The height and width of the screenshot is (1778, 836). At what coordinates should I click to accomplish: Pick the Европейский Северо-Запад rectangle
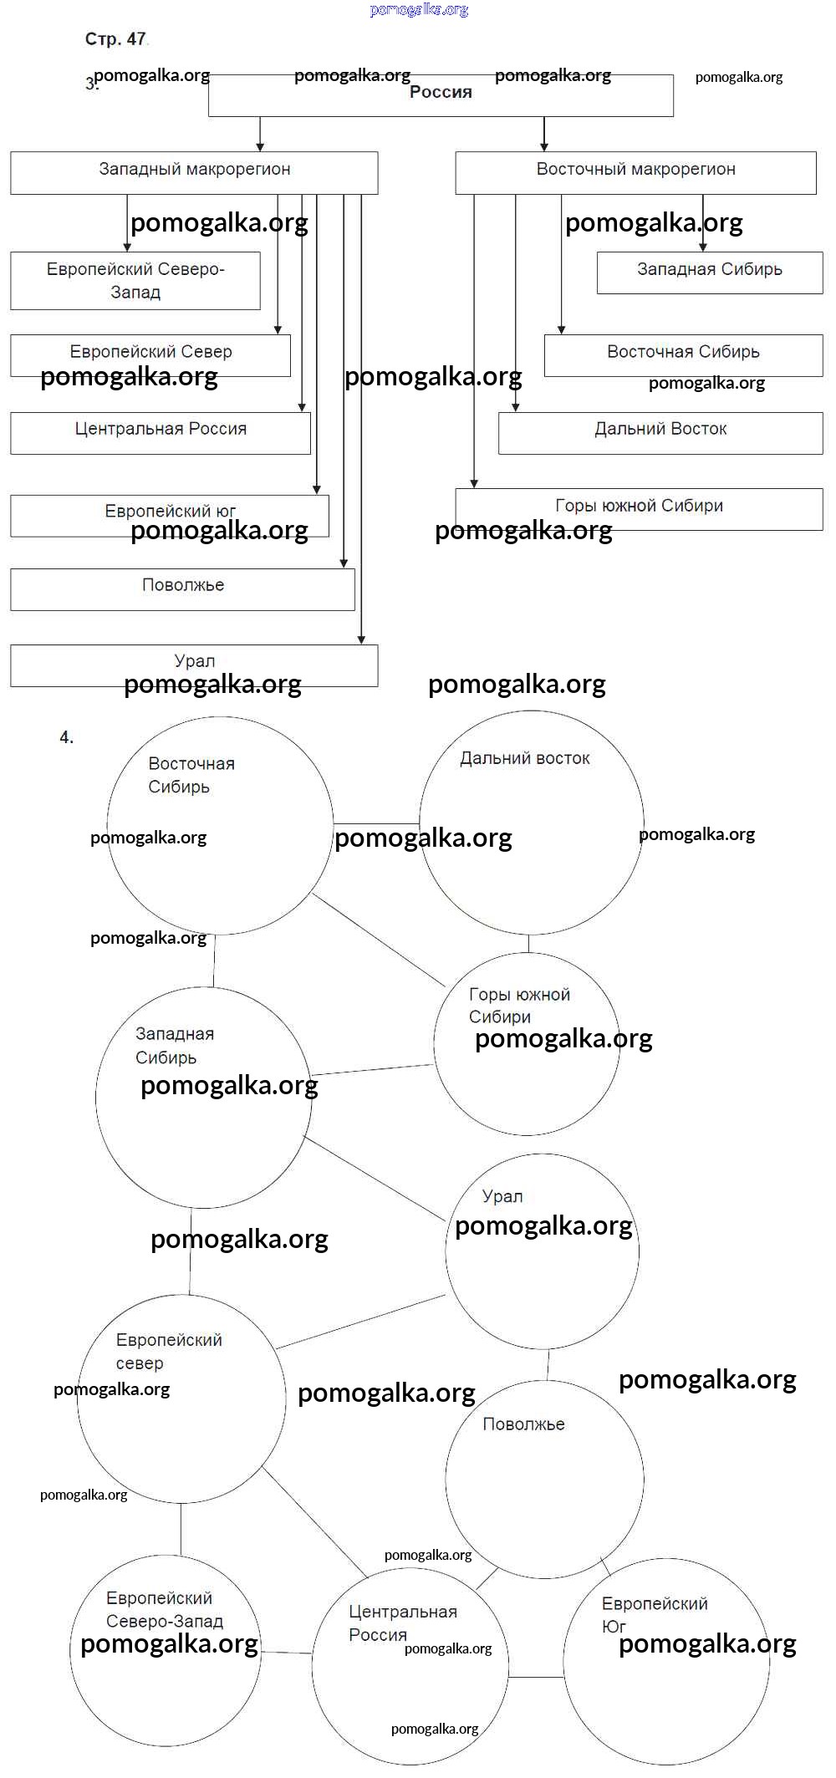point(135,281)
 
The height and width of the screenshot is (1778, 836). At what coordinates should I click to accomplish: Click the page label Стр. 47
point(115,39)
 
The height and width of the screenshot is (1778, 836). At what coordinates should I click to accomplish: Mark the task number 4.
point(67,737)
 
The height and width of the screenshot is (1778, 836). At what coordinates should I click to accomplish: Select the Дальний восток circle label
point(525,759)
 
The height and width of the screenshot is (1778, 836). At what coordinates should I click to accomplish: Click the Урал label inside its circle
point(502,1197)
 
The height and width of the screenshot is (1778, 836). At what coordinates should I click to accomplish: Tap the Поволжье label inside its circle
point(523,1424)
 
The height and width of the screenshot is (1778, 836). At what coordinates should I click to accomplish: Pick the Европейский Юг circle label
point(654,1615)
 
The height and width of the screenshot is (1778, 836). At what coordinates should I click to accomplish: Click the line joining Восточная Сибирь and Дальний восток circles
point(376,824)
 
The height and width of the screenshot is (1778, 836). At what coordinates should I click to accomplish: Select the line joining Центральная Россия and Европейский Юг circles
point(536,1677)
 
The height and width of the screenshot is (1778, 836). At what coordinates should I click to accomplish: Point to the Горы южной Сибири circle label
point(518,1006)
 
